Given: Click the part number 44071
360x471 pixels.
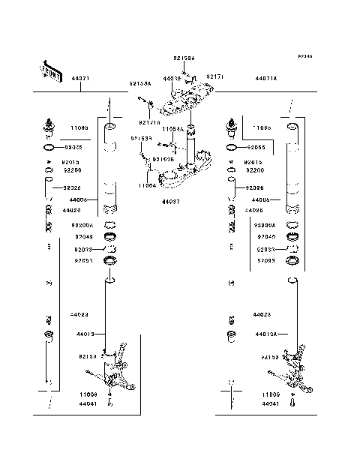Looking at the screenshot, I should point(80,79).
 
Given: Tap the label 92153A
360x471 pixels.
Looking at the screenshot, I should point(139,84).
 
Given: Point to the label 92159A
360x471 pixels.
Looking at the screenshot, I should point(184,58).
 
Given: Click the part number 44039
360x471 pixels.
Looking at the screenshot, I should point(173,77).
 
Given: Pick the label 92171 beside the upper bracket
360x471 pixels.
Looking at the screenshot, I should point(214,76).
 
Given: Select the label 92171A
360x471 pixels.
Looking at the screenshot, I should point(148,121).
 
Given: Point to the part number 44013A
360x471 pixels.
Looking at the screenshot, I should point(266,334).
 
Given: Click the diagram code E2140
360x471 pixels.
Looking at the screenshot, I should point(304,57).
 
